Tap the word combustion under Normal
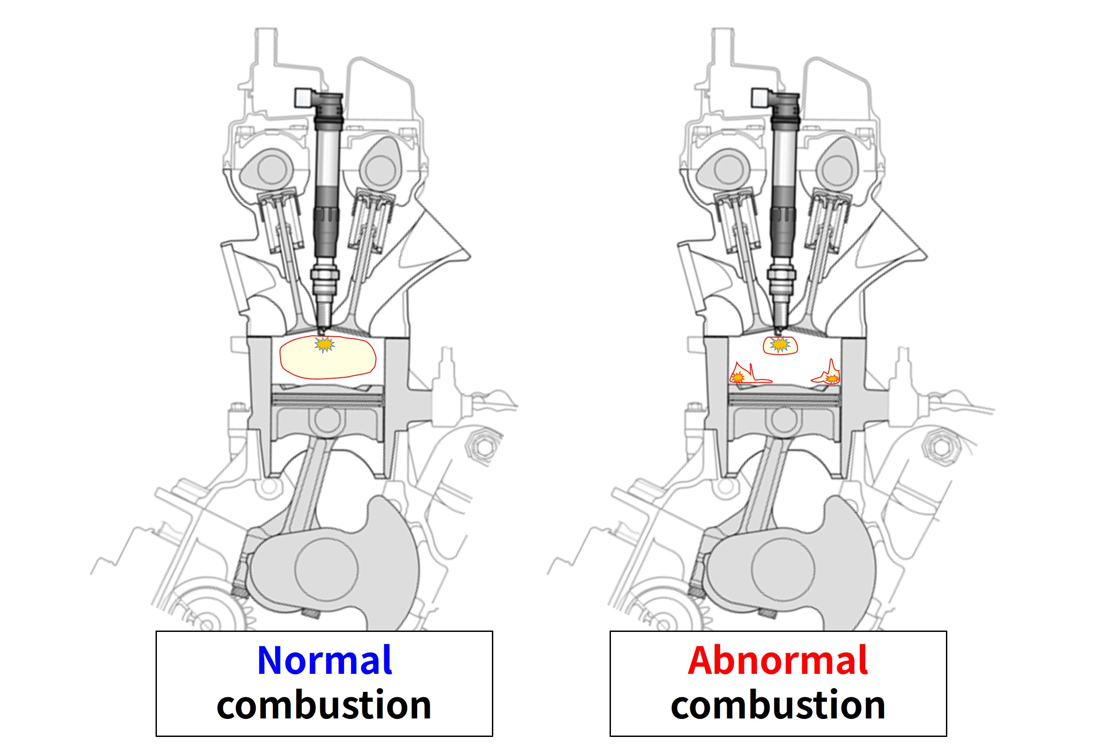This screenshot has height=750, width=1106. click(x=324, y=705)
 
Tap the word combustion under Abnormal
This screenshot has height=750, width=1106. click(x=778, y=705)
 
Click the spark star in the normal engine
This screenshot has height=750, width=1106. click(x=325, y=344)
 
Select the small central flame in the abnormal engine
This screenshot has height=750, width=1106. click(x=780, y=345)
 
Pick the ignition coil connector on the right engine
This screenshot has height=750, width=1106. click(x=760, y=97)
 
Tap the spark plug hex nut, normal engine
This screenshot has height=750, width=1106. click(x=325, y=274)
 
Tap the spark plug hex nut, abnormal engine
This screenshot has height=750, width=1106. click(x=781, y=274)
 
